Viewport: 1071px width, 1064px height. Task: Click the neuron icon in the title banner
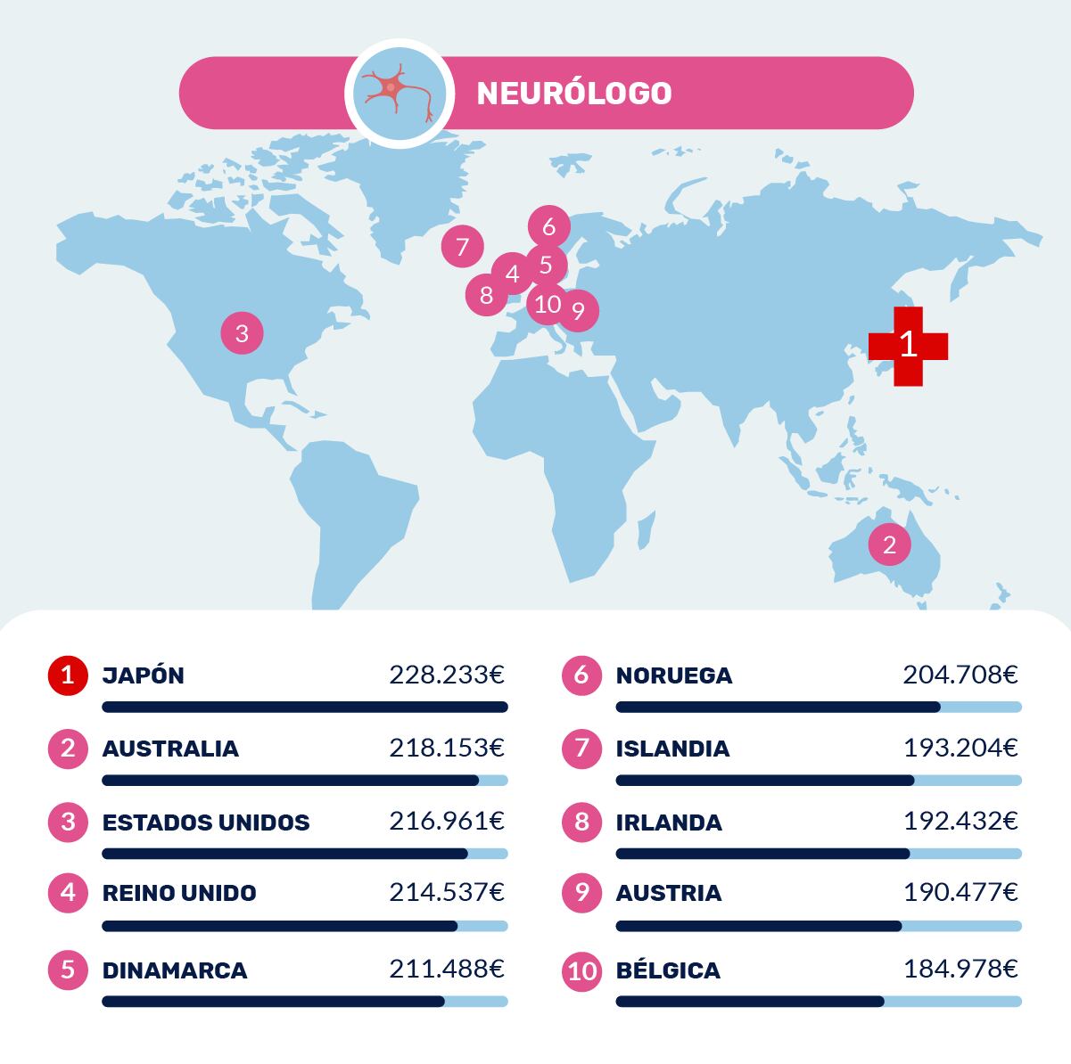395,93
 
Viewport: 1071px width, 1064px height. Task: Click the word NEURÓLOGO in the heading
574,94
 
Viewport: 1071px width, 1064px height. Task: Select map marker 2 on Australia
889,544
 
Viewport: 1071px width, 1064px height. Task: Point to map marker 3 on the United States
242,334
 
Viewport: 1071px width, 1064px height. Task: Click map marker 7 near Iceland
462,247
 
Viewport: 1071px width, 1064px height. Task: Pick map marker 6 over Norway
548,226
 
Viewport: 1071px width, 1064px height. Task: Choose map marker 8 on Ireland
486,294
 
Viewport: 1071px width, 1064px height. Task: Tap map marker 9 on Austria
578,311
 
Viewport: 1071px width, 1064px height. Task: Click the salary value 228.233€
447,675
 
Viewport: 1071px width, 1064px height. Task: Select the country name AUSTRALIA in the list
170,749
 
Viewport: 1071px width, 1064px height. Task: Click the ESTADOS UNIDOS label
206,822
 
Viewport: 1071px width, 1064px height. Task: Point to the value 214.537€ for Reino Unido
447,891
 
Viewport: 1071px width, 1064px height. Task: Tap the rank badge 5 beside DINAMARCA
68,970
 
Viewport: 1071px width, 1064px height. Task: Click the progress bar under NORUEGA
818,707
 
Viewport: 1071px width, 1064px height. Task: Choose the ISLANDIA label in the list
672,749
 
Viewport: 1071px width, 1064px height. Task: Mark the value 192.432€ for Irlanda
960,821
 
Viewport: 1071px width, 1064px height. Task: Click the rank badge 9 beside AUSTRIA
582,892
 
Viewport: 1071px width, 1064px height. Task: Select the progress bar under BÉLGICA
818,1002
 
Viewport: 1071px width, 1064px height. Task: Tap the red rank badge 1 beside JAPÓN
68,675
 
